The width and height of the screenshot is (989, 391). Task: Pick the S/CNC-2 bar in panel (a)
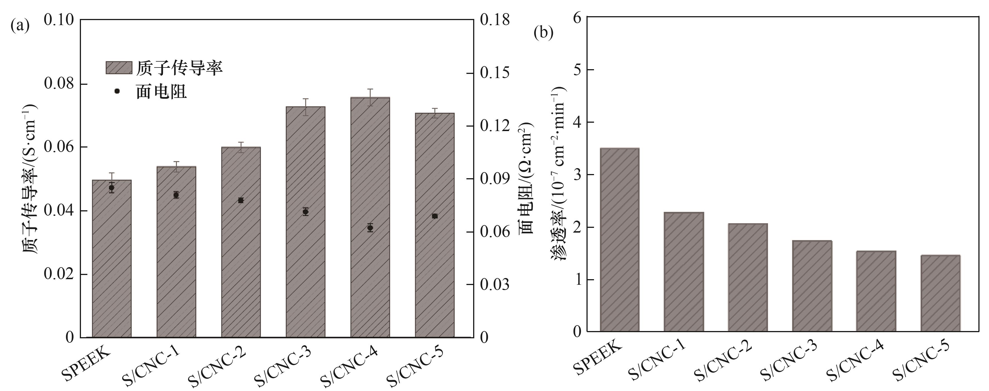241,269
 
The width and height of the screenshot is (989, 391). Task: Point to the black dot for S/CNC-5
435,216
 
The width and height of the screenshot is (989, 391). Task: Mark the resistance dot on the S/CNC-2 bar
241,200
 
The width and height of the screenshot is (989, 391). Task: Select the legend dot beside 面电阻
117,91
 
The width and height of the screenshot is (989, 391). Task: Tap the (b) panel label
543,33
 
